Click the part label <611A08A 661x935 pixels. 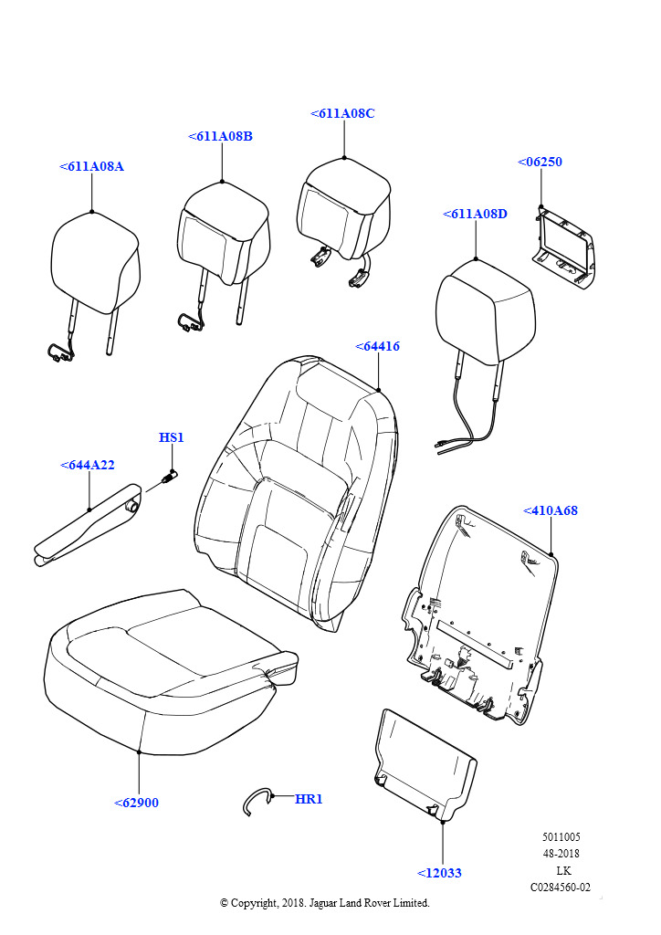pos(91,167)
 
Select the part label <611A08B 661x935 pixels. pos(220,136)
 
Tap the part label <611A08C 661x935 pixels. pos(342,113)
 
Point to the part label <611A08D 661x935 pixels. pos(475,214)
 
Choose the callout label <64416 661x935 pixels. pos(377,346)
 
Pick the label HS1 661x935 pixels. pos(172,437)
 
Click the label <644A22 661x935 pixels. pos(88,465)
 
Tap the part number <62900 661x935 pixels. pos(136,803)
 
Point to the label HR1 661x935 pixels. pos(309,799)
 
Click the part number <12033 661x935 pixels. pos(439,872)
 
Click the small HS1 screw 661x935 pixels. pos(167,478)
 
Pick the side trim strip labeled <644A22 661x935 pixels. pos(87,529)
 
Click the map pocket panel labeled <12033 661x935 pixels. pos(425,762)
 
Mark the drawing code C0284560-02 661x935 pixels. pos(560,887)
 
